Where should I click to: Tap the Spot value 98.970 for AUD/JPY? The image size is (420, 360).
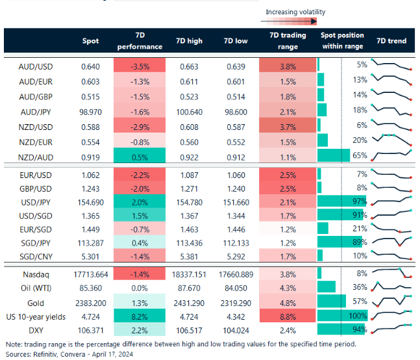pos(90,111)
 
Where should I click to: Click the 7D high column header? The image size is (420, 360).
pos(189,41)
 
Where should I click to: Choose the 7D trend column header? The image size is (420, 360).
pos(391,41)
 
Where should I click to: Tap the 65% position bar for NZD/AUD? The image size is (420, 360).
pos(334,157)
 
